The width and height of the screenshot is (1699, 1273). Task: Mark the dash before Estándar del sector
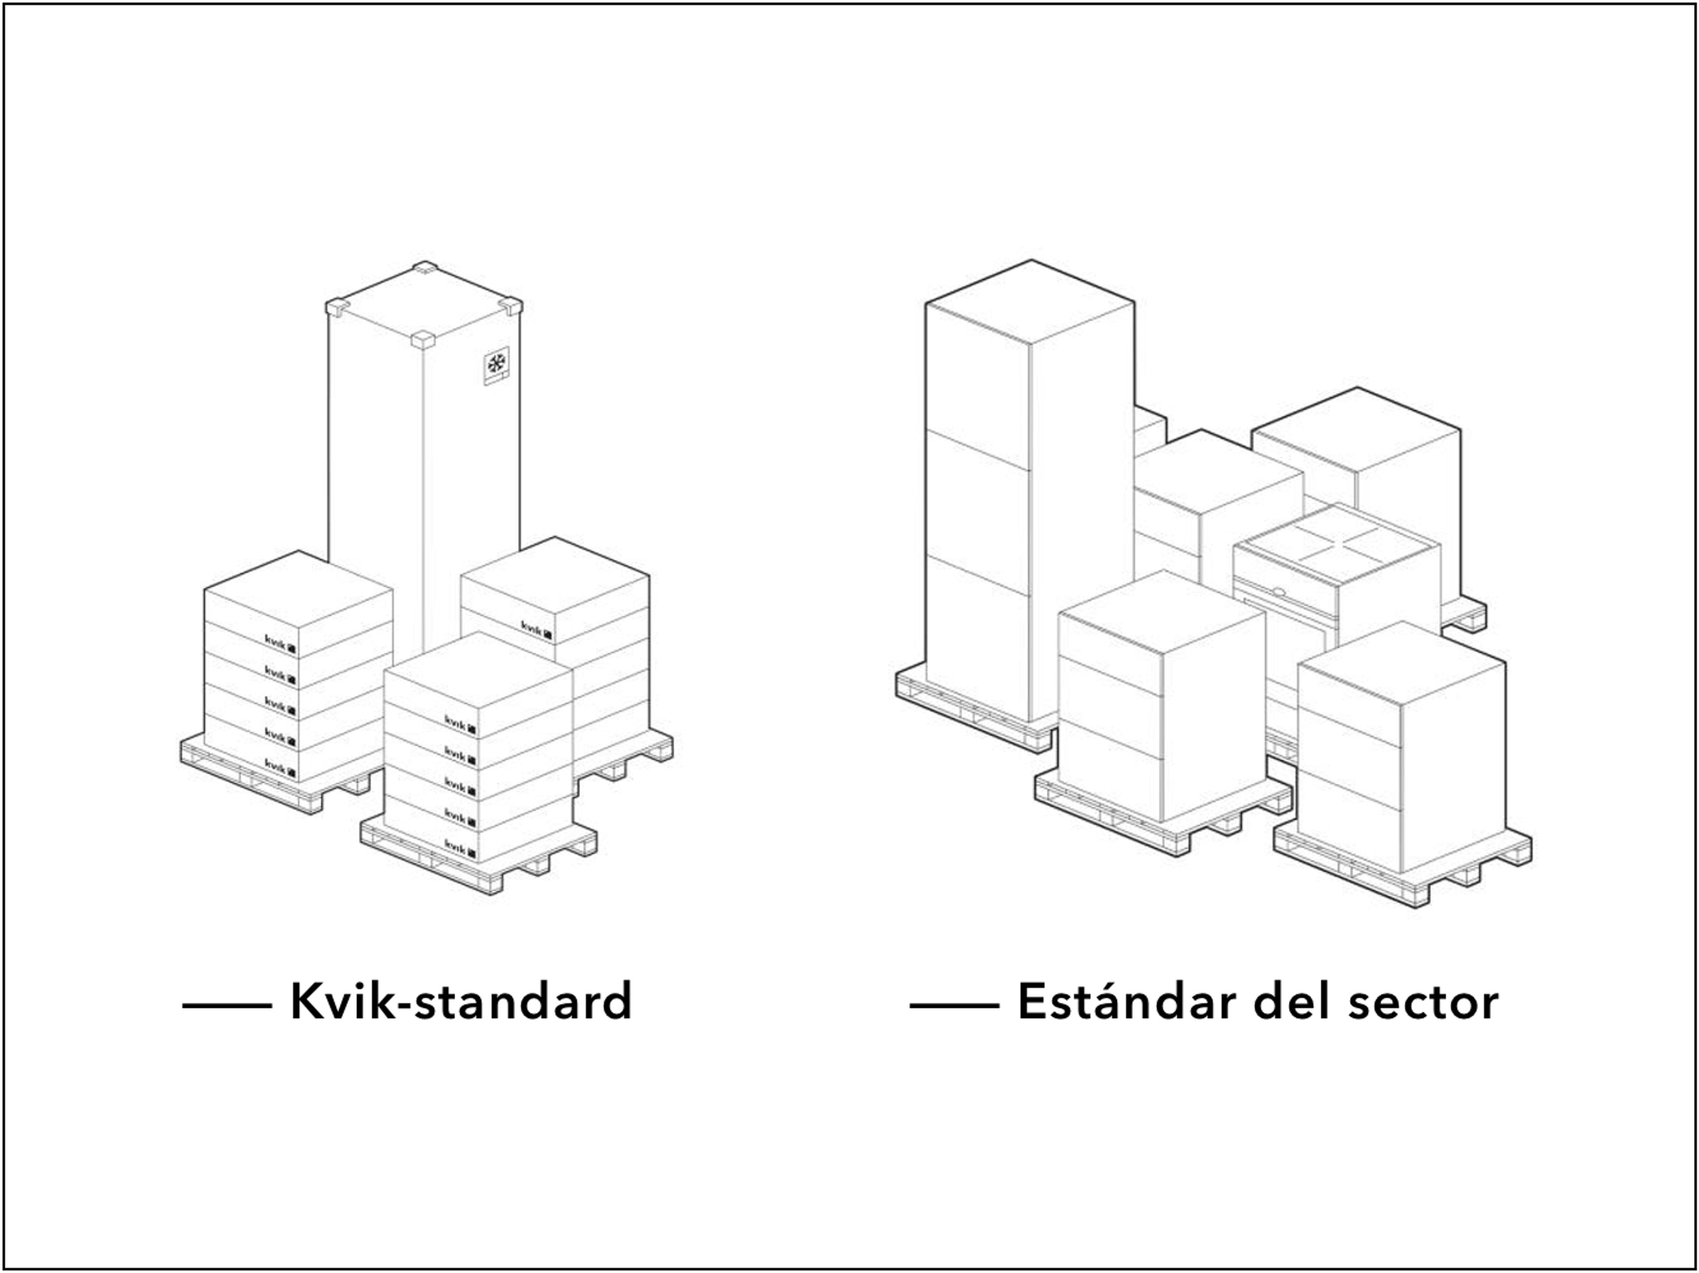click(954, 1004)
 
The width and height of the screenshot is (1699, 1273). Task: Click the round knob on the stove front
click(1278, 592)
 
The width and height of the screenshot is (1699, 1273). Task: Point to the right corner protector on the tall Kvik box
click(511, 306)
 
